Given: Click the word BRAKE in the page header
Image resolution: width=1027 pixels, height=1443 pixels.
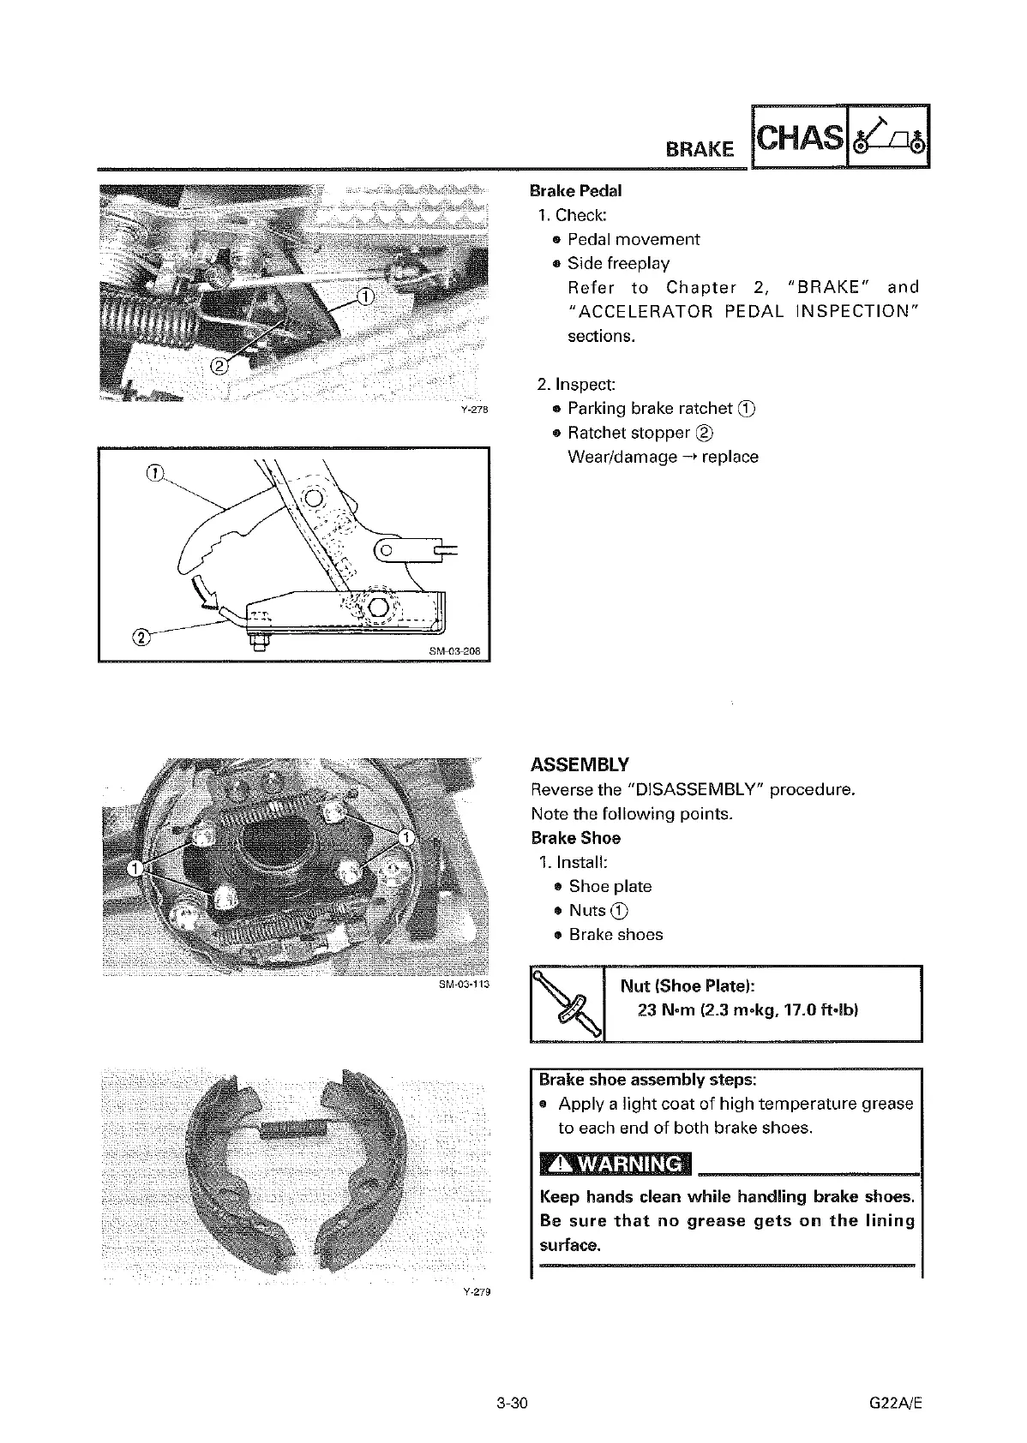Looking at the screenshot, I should [700, 149].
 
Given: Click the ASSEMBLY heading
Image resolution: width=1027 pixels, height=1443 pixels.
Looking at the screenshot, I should [580, 764].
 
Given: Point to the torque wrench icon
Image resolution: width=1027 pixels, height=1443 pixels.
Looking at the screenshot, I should [568, 1003].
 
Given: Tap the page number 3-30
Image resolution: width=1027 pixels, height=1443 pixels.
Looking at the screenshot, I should [511, 1404].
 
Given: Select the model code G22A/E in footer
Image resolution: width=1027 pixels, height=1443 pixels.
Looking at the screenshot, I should [896, 1404].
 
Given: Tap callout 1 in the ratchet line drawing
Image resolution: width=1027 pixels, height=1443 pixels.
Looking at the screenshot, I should [155, 474].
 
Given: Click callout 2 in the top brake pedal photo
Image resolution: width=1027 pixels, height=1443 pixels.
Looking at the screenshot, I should [219, 367].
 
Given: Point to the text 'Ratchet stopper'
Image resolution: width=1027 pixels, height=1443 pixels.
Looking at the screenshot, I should [628, 433].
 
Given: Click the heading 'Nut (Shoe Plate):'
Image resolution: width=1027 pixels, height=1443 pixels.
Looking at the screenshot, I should [687, 985].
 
